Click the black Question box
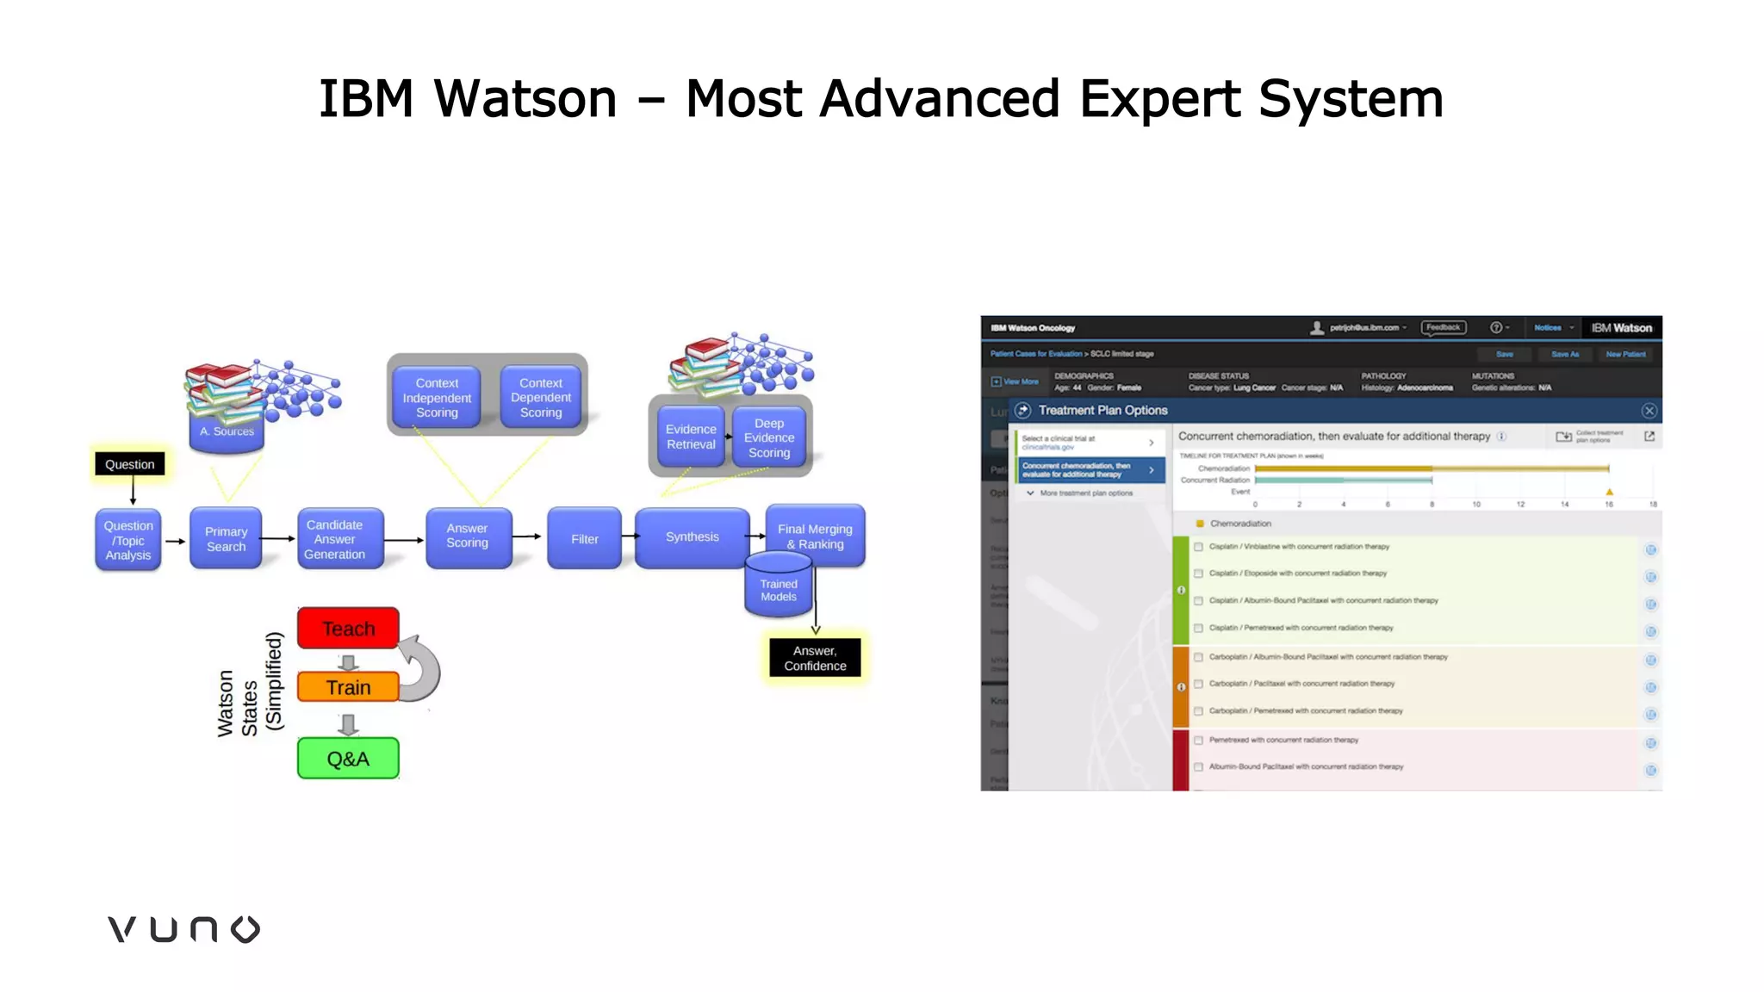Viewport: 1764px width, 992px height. point(130,464)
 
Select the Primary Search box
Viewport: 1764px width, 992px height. point(226,539)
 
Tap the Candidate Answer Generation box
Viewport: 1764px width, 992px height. point(335,539)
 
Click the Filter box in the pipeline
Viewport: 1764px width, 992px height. point(584,539)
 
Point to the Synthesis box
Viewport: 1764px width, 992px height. point(692,537)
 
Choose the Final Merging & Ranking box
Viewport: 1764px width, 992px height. point(815,536)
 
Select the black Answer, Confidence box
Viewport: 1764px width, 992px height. point(815,659)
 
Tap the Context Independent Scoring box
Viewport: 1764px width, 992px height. point(437,397)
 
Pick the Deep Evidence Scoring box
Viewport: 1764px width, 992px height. point(769,437)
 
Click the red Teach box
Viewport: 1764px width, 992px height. point(348,629)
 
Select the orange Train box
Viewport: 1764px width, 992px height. point(348,687)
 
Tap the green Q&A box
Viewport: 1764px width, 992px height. point(348,759)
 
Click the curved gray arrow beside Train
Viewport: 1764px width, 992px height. point(422,668)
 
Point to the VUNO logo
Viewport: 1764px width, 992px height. point(183,929)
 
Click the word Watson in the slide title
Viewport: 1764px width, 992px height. point(525,98)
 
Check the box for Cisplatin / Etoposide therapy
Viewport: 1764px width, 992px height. point(1198,573)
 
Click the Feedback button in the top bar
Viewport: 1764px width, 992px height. point(1443,328)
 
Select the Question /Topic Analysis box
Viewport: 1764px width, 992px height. point(128,540)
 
